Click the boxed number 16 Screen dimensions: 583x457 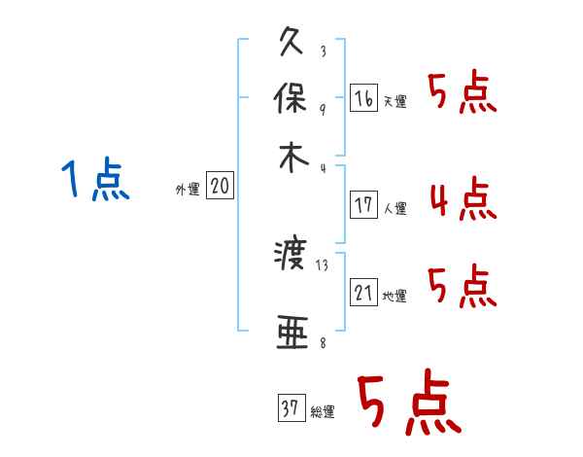[x=363, y=98]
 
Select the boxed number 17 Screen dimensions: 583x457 [x=363, y=205]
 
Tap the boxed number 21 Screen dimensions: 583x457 [x=363, y=293]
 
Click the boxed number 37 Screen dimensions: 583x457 [x=290, y=409]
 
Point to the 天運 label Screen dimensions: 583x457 [x=394, y=101]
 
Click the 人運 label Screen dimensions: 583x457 [x=394, y=207]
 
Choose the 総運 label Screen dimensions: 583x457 [x=322, y=412]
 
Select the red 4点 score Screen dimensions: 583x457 [x=462, y=200]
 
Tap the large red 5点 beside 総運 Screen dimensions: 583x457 [x=407, y=404]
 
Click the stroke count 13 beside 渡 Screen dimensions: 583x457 [x=323, y=264]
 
